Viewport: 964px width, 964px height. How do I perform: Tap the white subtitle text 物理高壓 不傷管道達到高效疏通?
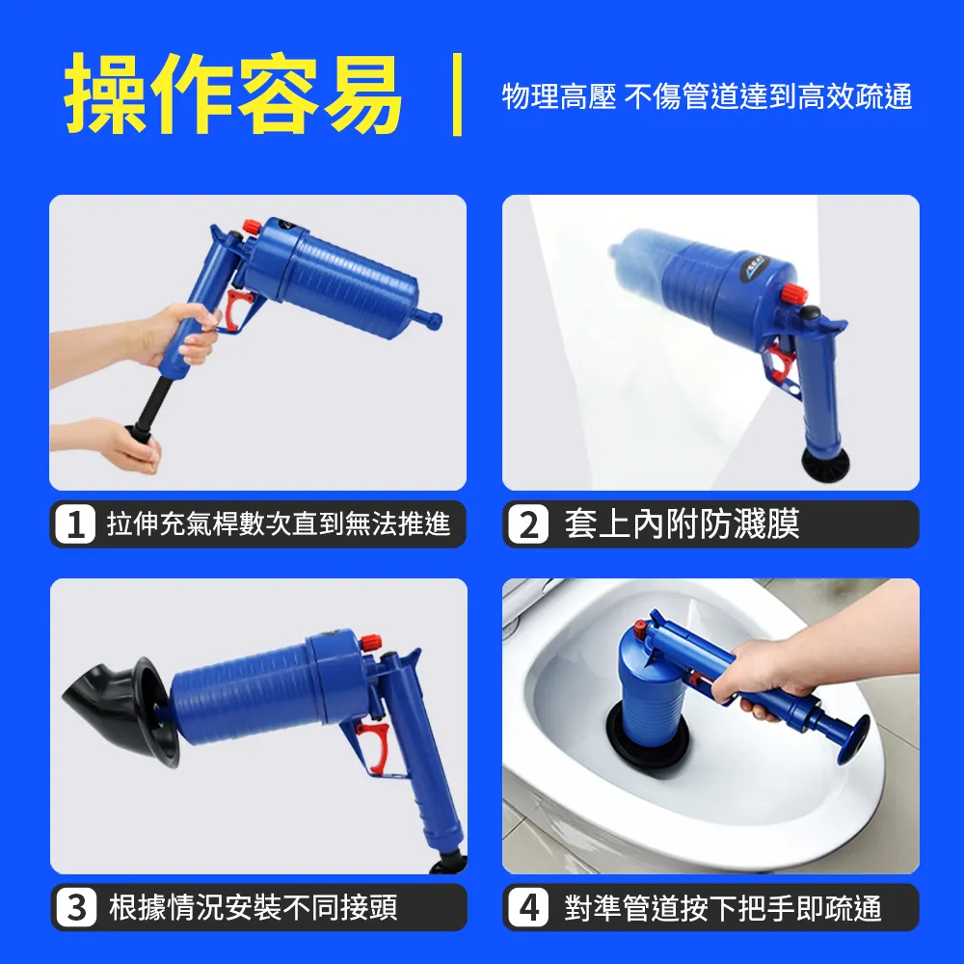pyautogui.click(x=707, y=96)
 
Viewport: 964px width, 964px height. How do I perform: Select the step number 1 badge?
pyautogui.click(x=76, y=525)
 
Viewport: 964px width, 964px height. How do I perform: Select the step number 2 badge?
pyautogui.click(x=528, y=525)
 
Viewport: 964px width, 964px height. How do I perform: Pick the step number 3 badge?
pyautogui.click(x=76, y=908)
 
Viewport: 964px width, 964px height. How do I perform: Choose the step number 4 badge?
pyautogui.click(x=528, y=908)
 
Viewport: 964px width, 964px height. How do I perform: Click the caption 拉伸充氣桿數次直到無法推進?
pyautogui.click(x=279, y=525)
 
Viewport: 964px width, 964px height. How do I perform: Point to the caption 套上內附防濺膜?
pyautogui.click(x=682, y=525)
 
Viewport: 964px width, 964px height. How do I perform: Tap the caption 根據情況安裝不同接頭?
pyautogui.click(x=253, y=908)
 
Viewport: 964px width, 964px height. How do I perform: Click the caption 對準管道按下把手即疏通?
pyautogui.click(x=723, y=908)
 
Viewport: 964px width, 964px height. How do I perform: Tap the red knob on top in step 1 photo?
pyautogui.click(x=251, y=227)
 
